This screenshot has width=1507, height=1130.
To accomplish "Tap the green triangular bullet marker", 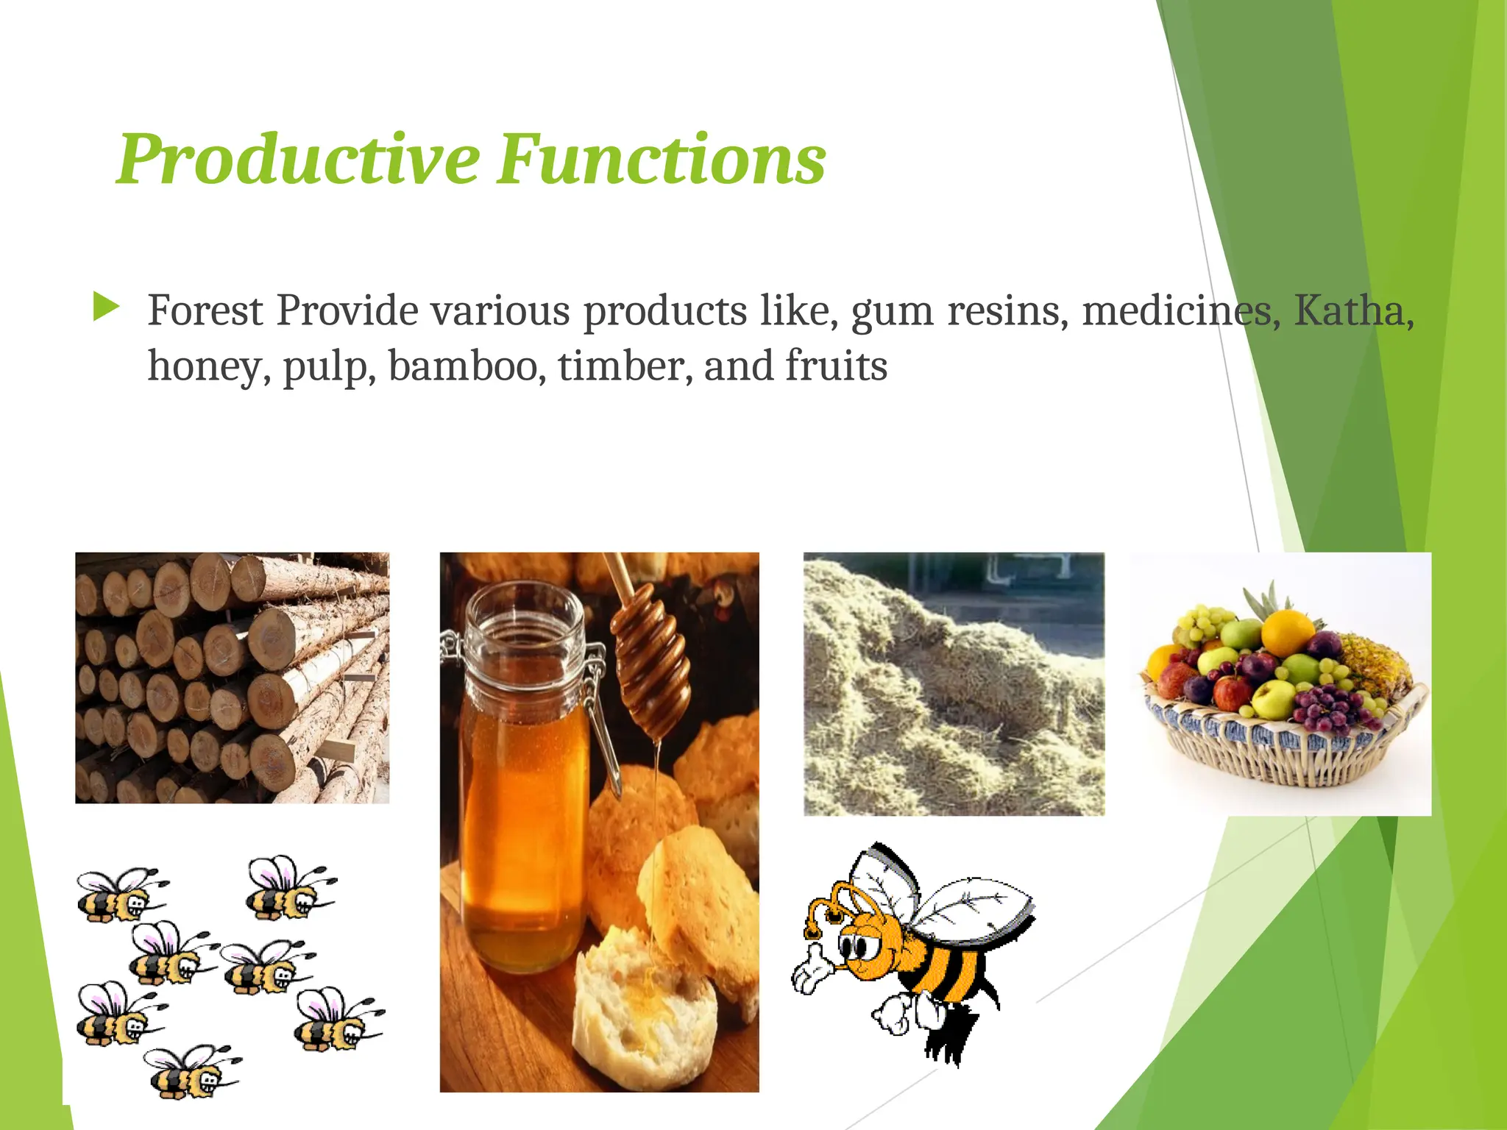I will pyautogui.click(x=106, y=307).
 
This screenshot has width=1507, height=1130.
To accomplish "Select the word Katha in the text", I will pyautogui.click(x=1350, y=310).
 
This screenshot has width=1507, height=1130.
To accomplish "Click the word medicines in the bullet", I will pyautogui.click(x=1177, y=310).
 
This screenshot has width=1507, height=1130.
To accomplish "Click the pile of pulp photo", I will pyautogui.click(x=954, y=684).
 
